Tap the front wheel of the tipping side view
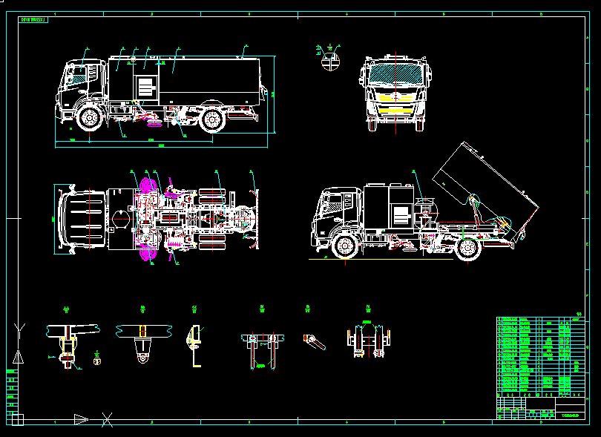[343, 247]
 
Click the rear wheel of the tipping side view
[467, 248]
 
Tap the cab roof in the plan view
[82, 219]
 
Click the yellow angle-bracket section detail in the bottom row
[194, 346]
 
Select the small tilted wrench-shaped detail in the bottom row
[314, 342]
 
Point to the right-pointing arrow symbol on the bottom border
[81, 419]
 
